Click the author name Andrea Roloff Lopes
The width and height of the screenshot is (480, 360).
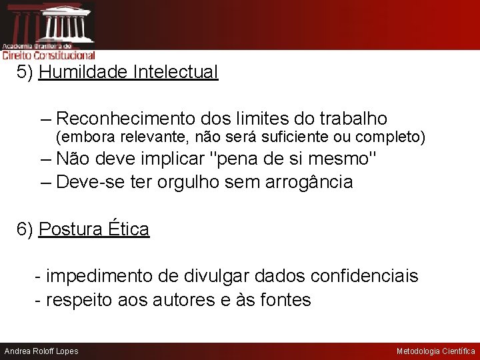click(41, 351)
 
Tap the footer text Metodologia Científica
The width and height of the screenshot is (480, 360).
click(435, 351)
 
